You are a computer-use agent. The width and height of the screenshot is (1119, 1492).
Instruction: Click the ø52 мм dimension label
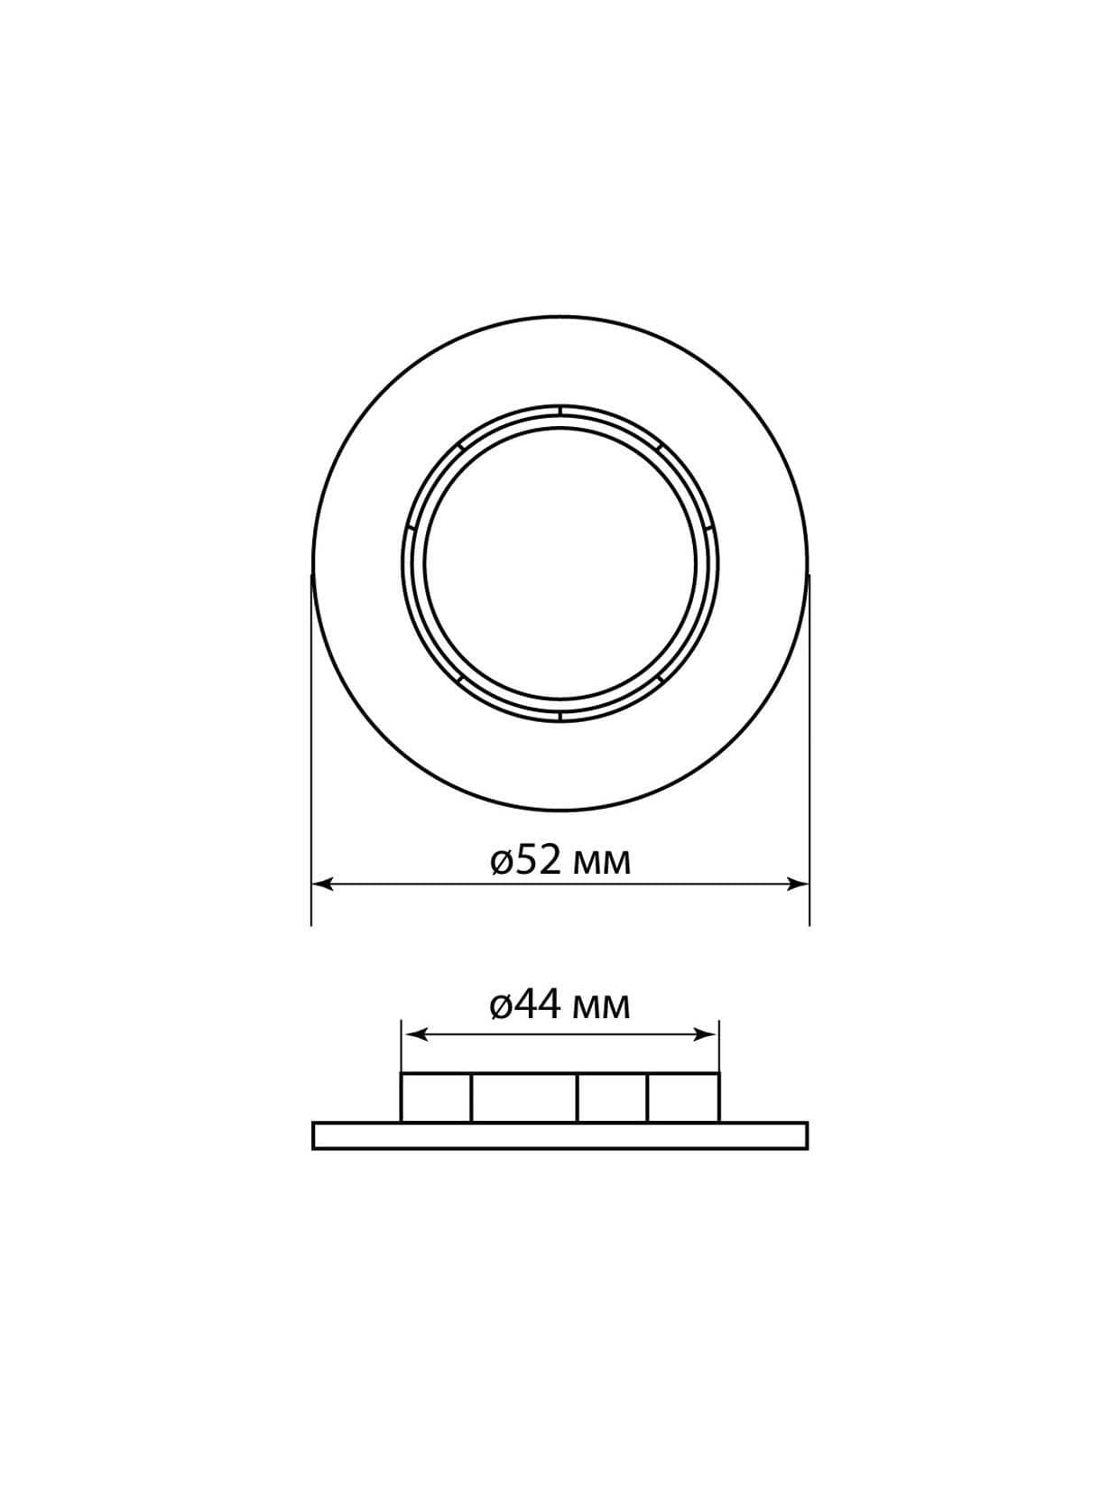pos(559,862)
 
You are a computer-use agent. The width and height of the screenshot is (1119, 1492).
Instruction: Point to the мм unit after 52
pos(602,866)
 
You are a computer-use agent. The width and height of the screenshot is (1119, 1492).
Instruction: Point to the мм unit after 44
pos(602,1029)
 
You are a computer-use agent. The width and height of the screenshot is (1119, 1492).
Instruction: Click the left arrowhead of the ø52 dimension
pos(322,884)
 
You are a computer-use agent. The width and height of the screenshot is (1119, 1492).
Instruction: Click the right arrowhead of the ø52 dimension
pos(798,884)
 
